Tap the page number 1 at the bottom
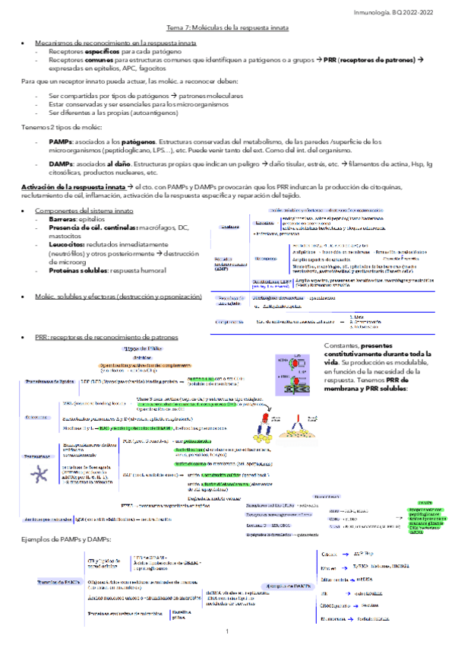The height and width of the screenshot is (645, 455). (227, 632)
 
